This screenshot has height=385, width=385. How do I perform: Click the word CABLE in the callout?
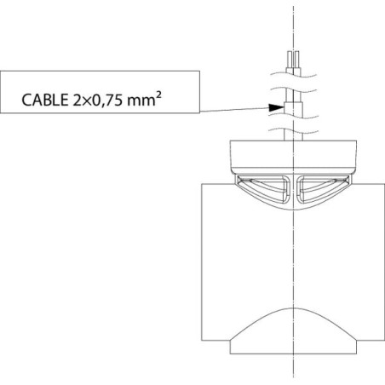click(45, 100)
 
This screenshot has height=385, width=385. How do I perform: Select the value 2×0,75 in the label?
click(98, 101)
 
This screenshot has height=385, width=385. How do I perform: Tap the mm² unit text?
click(144, 99)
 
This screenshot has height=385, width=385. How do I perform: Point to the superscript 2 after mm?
click(158, 95)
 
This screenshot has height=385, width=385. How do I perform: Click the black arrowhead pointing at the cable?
click(276, 107)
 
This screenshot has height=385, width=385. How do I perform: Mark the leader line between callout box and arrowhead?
click(234, 110)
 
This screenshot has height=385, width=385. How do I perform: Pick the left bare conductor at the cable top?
click(290, 60)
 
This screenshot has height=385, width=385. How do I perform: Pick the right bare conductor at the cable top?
click(297, 60)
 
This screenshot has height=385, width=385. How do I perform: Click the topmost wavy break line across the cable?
click(293, 75)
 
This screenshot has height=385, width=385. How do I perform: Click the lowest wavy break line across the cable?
click(293, 131)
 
